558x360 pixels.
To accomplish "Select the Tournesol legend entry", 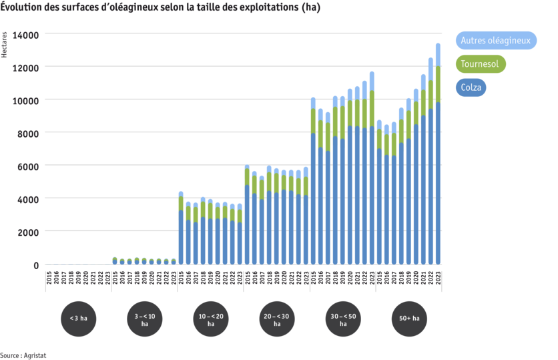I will pos(481,64).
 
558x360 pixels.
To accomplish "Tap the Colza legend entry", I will pos(471,87).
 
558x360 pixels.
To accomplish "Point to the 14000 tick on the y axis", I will pos(31,35).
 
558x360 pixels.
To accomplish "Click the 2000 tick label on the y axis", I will pos(31,232).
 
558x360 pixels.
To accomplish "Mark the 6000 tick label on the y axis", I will pos(31,166).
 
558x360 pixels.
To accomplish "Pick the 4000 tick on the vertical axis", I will pos(31,199).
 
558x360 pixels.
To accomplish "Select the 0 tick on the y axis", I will pos(37,265).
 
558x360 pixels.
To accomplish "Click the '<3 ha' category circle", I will pos(78,318).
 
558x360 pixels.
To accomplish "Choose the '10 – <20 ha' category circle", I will pos(211,318).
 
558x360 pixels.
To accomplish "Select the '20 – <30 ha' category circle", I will pos(277,318).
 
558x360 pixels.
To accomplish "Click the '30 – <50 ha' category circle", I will pos(343,318).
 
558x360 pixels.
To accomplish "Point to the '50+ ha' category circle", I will pos(409,318).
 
